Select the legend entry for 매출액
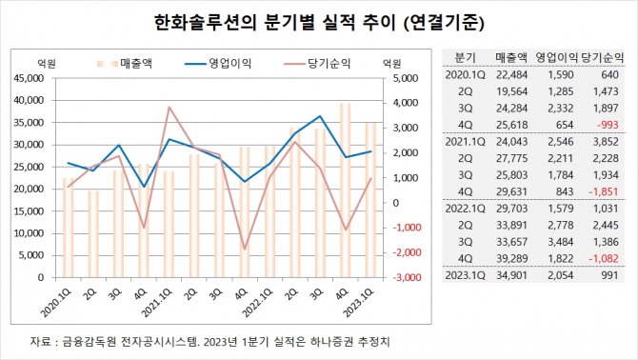[125, 64]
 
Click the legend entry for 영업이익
[218, 64]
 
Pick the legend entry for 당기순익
[317, 64]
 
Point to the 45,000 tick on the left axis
[29, 78]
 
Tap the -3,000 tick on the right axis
[407, 277]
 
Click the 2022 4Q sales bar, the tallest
[345, 190]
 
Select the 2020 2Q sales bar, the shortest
[93, 234]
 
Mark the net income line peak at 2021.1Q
[169, 107]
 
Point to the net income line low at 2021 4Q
[244, 249]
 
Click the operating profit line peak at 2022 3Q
[320, 116]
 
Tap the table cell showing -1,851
[604, 191]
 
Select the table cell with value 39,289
[512, 258]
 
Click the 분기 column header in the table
[465, 58]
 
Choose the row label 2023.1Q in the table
[465, 275]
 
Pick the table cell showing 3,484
[561, 242]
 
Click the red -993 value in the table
[608, 125]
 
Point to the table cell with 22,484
[512, 75]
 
